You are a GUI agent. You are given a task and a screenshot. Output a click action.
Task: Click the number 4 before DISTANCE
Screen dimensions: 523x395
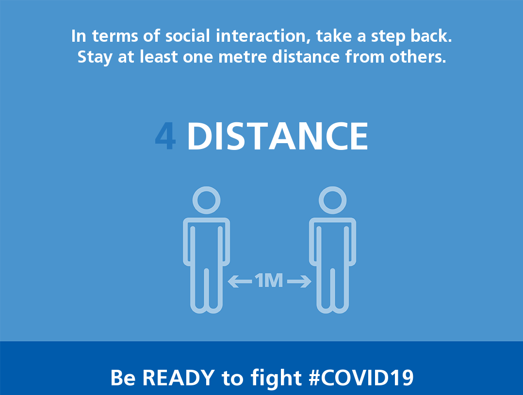(x=165, y=136)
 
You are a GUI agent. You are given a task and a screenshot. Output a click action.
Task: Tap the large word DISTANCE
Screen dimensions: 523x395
(x=278, y=136)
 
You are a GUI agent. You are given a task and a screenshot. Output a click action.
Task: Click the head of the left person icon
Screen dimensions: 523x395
(x=207, y=200)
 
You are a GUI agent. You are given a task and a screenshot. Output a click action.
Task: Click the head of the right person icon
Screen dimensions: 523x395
(x=332, y=200)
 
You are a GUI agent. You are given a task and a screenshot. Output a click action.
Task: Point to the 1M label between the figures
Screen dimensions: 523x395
(x=269, y=280)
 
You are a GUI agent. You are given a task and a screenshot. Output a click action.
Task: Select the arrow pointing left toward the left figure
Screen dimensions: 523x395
(x=240, y=281)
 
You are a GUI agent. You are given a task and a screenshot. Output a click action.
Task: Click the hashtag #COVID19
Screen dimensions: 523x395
(x=361, y=378)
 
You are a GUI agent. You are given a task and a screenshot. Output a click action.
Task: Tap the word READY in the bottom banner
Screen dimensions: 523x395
(x=179, y=378)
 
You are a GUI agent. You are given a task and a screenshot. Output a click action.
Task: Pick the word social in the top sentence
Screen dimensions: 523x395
(x=188, y=36)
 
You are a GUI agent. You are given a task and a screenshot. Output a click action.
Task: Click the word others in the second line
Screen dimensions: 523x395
(x=418, y=56)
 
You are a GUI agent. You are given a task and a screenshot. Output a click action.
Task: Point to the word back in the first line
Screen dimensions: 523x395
(x=431, y=35)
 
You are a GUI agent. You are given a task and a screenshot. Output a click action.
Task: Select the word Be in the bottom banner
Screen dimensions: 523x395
(x=123, y=378)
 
